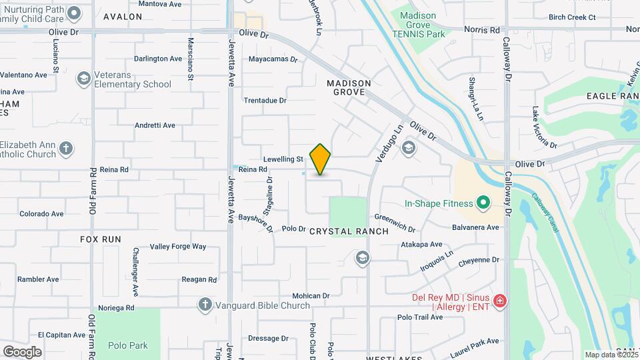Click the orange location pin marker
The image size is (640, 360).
(x=320, y=159)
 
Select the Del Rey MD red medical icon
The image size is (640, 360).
(x=500, y=302)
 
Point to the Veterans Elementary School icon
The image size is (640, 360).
(x=84, y=79)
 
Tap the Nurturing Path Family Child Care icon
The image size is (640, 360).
(x=75, y=13)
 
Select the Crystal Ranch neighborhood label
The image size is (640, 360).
(x=349, y=231)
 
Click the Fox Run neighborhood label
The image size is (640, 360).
(x=101, y=239)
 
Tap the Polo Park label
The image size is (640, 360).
(x=128, y=345)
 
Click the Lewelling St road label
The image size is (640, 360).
(x=283, y=159)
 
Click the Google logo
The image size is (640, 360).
(x=22, y=352)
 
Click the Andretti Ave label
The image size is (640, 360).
(x=155, y=125)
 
